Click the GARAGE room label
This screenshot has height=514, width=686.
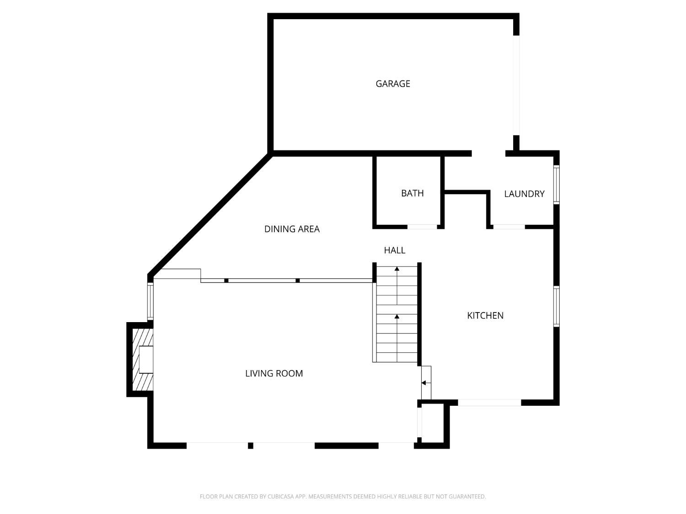[x=392, y=84]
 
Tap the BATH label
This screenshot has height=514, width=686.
[x=412, y=193]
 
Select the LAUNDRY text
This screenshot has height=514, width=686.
[x=524, y=194]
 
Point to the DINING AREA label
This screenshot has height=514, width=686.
[x=292, y=229]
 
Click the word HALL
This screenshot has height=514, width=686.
[x=394, y=250]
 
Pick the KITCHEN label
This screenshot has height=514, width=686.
[x=485, y=316]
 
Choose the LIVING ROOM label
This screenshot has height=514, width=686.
[x=274, y=373]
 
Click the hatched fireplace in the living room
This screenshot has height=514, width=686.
[x=143, y=359]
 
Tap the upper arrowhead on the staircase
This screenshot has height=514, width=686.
[x=397, y=268]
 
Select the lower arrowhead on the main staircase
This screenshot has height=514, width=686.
[x=397, y=317]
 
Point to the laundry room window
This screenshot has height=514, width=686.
[x=556, y=185]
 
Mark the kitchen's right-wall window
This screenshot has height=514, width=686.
[x=556, y=307]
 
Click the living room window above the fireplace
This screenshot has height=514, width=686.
[x=150, y=301]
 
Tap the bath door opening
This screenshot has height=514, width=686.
[x=422, y=227]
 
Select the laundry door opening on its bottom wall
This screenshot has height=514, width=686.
[x=509, y=227]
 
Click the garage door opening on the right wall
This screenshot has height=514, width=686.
[x=516, y=85]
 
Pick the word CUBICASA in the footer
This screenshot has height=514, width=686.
[x=280, y=497]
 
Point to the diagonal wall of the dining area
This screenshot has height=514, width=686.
[x=210, y=215]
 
